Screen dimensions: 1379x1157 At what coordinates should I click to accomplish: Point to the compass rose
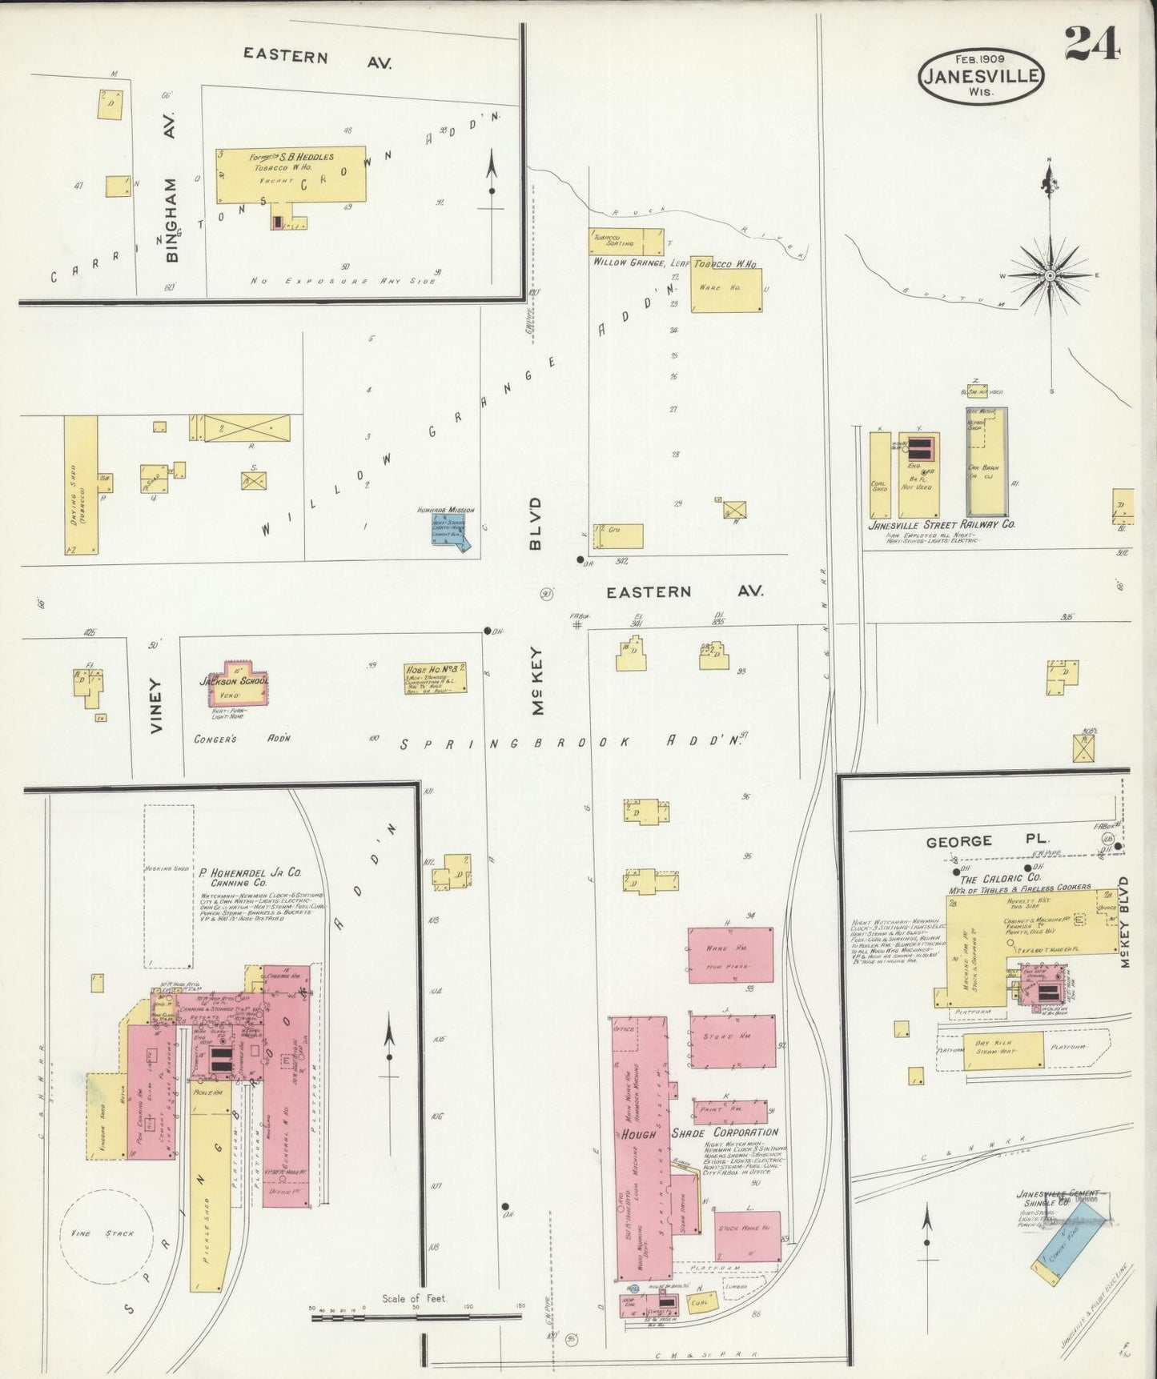pyautogui.click(x=1050, y=275)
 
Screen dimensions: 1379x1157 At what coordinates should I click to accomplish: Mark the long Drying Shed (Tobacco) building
pyautogui.click(x=80, y=485)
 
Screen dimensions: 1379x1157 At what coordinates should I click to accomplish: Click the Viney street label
pyautogui.click(x=155, y=705)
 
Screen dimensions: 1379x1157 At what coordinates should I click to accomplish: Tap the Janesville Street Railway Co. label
pyautogui.click(x=942, y=525)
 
